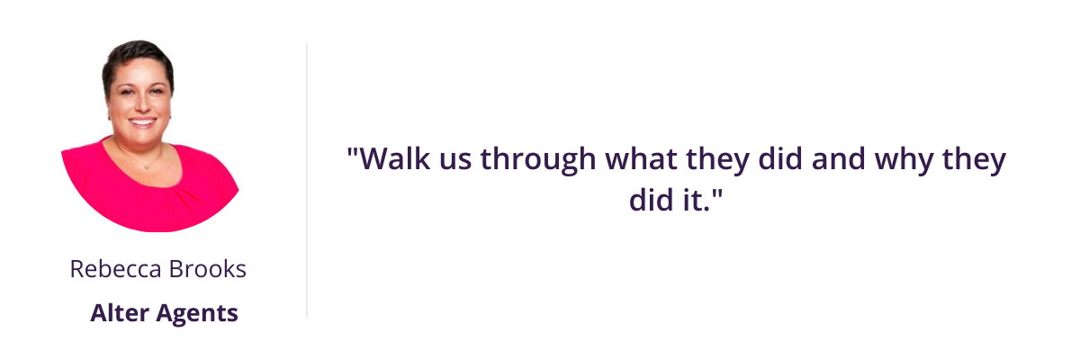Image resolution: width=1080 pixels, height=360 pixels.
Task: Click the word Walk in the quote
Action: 395,158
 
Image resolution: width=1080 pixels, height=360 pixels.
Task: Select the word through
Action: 538,161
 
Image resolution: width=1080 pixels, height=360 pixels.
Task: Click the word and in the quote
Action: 838,158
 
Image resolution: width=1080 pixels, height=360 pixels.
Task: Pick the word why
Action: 904,161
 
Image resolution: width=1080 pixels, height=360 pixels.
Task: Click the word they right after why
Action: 975,161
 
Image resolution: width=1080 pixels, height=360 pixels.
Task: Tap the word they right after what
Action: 718,161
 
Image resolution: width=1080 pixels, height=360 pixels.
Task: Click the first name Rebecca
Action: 116,269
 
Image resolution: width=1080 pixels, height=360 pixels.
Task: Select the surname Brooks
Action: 208,269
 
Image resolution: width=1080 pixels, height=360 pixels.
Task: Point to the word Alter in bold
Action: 120,313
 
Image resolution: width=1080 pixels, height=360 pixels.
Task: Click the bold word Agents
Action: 197,315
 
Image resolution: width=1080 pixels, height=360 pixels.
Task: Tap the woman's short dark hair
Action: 137,56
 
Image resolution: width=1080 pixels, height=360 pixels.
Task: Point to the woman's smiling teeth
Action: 142,121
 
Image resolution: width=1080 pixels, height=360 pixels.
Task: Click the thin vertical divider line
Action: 307,180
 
